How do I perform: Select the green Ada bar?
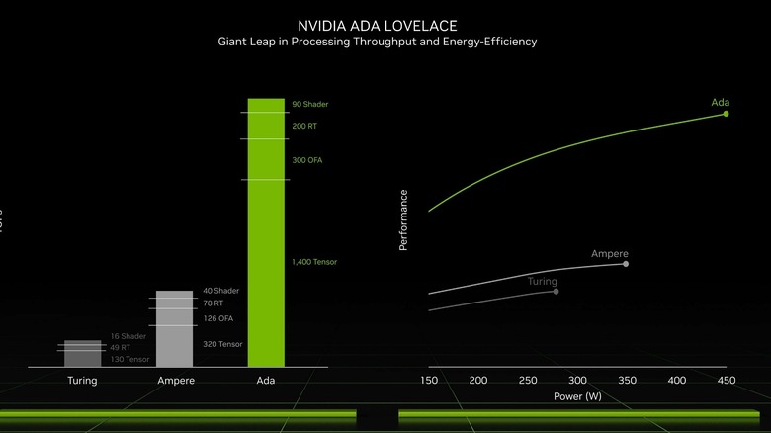point(266,232)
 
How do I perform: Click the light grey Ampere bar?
point(175,328)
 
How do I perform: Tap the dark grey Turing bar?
point(82,353)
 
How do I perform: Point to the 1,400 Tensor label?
point(315,262)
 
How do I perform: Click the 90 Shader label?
point(309,104)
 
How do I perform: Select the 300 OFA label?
point(307,160)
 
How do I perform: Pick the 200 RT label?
point(304,127)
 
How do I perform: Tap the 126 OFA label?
point(218,318)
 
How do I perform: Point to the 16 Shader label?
point(128,336)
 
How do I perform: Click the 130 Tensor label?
point(130,359)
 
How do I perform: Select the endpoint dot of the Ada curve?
point(726,114)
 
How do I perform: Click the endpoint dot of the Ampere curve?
point(626,264)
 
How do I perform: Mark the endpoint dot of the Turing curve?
point(557,291)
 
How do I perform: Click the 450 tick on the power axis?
point(727,381)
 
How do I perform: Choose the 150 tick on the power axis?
point(429,381)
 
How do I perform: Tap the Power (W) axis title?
point(577,396)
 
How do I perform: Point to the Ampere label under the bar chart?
point(176,381)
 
